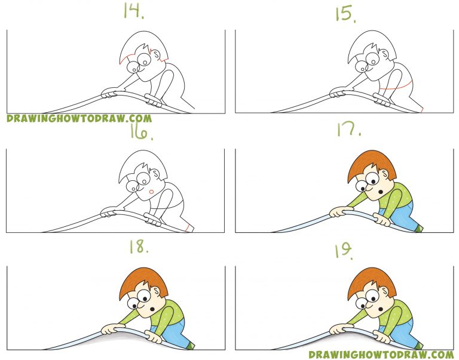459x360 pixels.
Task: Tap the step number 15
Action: (345, 14)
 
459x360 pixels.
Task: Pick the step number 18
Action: (138, 248)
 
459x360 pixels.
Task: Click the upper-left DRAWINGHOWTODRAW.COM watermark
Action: (79, 119)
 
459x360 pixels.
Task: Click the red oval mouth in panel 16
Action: (152, 191)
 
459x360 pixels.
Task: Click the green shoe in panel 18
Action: (190, 344)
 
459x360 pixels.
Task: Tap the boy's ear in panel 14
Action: (159, 58)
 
